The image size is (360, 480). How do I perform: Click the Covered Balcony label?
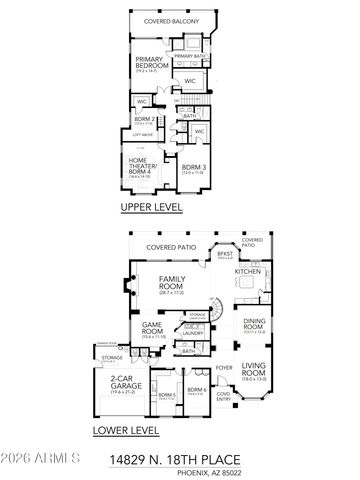(171, 21)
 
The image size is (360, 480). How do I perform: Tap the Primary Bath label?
(190, 57)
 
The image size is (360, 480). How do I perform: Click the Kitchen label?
(247, 270)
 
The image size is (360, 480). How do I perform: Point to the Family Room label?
(177, 284)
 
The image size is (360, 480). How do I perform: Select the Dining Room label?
(254, 325)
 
